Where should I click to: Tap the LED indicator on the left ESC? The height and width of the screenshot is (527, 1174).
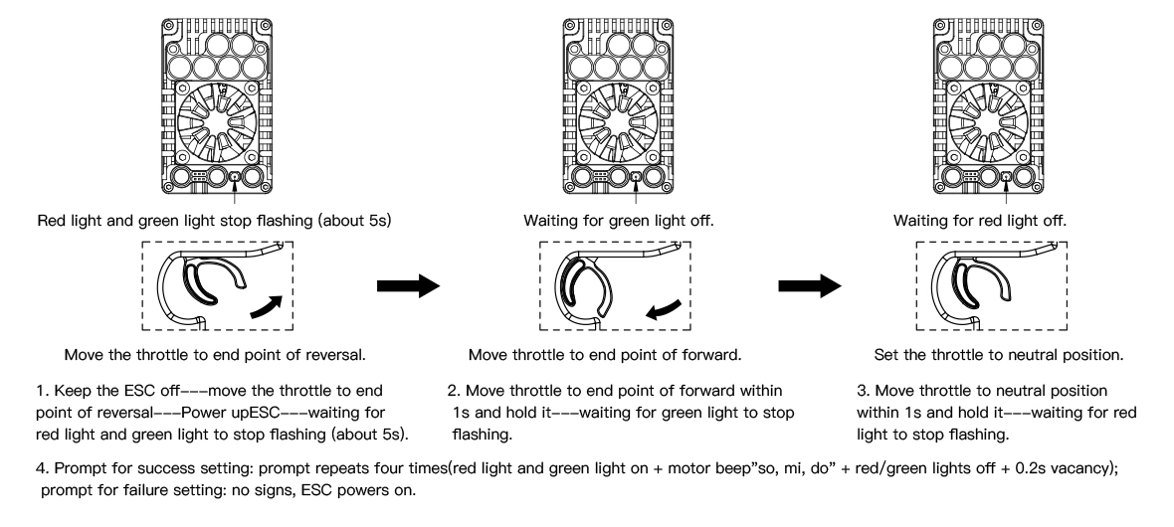click(x=235, y=177)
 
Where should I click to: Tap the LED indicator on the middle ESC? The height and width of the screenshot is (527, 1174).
click(x=636, y=177)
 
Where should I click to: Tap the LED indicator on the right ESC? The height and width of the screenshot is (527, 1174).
click(x=1006, y=177)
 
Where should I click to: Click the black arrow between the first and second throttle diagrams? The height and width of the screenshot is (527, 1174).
click(x=408, y=285)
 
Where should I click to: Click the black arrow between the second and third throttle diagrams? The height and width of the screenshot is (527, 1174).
click(x=810, y=285)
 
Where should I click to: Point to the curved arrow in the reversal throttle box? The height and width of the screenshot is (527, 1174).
click(x=267, y=307)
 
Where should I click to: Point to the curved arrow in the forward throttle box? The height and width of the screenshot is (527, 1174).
click(x=664, y=310)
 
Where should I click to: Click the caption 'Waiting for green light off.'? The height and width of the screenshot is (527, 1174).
click(x=619, y=221)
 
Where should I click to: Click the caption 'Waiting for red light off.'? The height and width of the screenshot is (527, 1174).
click(x=980, y=221)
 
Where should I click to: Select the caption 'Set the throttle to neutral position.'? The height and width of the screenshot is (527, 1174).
click(x=999, y=355)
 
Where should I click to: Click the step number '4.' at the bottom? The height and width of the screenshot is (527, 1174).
click(x=43, y=468)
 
